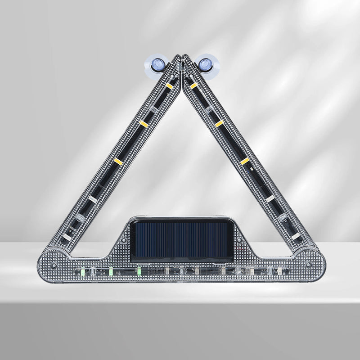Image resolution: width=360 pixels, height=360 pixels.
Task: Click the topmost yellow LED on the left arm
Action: coord(169,85)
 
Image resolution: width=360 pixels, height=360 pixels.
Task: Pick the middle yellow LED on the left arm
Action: coord(144,123)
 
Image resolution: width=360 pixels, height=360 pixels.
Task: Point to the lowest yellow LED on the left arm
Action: coord(118,161)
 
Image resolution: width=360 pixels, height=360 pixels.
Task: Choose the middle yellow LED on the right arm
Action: coord(219,123)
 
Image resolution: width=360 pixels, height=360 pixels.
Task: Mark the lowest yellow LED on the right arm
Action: coord(244,161)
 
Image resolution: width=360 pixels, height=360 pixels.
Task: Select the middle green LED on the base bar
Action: coord(111,271)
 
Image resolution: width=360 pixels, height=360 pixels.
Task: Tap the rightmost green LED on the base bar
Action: coord(139,271)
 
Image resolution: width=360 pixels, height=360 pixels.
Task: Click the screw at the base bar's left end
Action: coord(54,265)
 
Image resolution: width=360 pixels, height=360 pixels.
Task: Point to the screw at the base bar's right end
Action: coord(308,265)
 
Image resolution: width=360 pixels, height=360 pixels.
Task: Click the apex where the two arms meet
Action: coord(181,57)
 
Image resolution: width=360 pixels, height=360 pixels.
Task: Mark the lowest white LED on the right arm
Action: coord(295,236)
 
